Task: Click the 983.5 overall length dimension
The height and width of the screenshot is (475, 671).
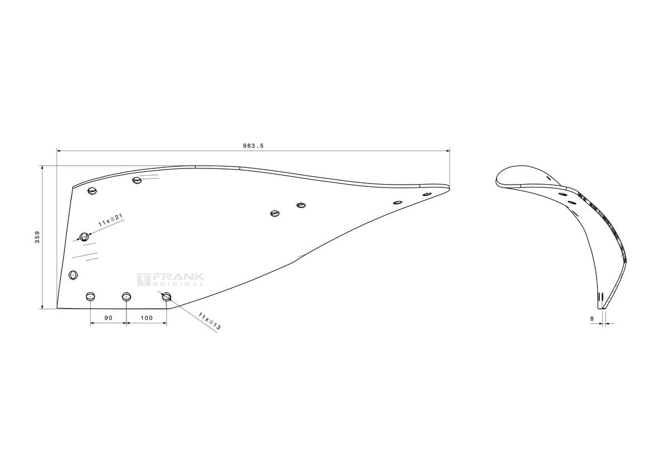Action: click(x=253, y=146)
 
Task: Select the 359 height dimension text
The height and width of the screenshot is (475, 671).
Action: click(x=37, y=237)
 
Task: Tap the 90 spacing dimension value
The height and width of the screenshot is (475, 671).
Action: click(x=108, y=318)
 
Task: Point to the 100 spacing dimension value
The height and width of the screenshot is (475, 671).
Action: click(x=147, y=318)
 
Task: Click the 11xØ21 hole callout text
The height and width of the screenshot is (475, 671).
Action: click(x=111, y=220)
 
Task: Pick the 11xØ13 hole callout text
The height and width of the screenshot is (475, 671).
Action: click(x=209, y=321)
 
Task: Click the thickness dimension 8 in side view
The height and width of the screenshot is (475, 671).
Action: click(x=592, y=319)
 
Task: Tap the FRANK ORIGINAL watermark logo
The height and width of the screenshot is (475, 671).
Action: click(x=171, y=280)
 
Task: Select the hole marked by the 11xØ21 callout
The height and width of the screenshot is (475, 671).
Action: click(x=84, y=237)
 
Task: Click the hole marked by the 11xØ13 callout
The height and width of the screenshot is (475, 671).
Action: click(x=167, y=297)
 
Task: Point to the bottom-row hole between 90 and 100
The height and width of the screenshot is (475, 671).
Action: click(x=126, y=297)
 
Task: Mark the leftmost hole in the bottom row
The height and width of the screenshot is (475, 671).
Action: click(x=90, y=297)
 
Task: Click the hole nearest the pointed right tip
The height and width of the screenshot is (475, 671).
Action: click(x=427, y=195)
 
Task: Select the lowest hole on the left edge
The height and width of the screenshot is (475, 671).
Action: click(x=73, y=275)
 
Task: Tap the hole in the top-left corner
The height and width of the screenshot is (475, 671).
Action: click(x=93, y=191)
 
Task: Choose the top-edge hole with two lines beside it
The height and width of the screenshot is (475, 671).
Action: click(x=136, y=180)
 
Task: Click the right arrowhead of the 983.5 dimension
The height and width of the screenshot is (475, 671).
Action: click(x=448, y=151)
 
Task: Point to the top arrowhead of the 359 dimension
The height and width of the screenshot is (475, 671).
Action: click(x=42, y=167)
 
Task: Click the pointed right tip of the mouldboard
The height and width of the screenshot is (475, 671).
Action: click(x=450, y=187)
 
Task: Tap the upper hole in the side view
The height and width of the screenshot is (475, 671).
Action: click(x=563, y=194)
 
